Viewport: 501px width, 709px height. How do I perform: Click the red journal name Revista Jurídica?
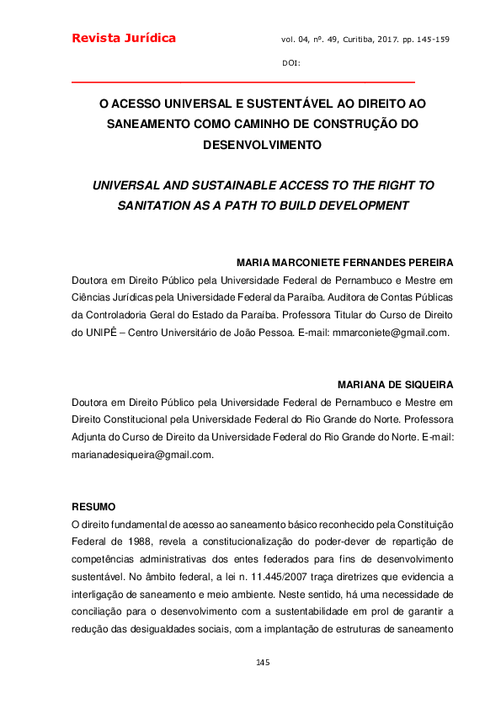124,38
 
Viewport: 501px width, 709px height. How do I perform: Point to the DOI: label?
291,64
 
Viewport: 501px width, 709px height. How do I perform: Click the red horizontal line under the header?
243,83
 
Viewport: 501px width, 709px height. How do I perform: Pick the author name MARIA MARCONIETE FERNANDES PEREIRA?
345,263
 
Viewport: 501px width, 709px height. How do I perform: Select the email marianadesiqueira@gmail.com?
142,455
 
